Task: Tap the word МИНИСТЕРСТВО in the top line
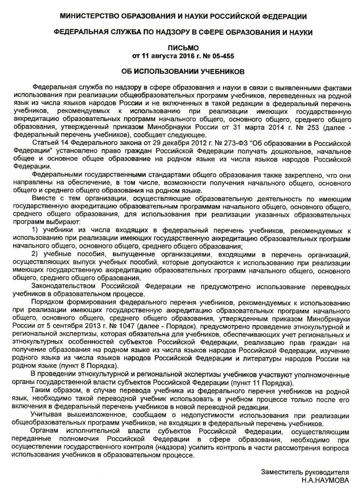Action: tap(92, 17)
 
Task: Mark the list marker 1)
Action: tap(35, 229)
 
